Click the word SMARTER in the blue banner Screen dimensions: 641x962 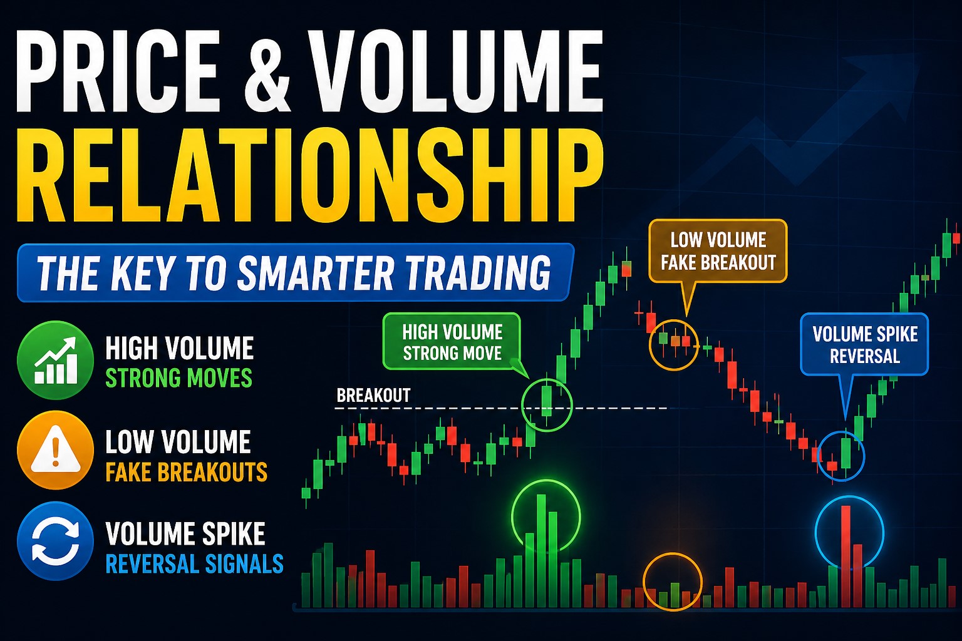(x=316, y=273)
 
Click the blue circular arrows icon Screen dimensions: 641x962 (x=56, y=541)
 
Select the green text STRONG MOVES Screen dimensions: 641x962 (x=178, y=378)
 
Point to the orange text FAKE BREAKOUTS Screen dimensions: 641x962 (x=186, y=471)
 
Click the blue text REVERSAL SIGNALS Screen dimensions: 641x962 (x=194, y=564)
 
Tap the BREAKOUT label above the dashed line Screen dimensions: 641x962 (x=373, y=396)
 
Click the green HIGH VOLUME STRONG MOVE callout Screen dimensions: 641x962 (x=452, y=342)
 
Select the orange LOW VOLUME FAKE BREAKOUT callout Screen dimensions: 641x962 (x=718, y=251)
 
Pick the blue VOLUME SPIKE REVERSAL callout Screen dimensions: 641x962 (x=864, y=345)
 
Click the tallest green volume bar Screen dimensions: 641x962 (x=541, y=551)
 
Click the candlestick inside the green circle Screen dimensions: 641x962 (x=547, y=401)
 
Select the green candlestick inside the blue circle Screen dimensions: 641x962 (x=847, y=453)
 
